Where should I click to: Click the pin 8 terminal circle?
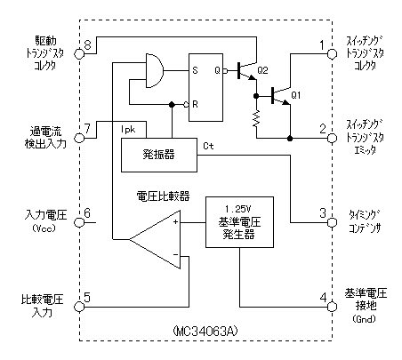click(x=79, y=54)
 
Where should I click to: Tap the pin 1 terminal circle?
click(x=332, y=54)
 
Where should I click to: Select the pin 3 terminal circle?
click(x=332, y=222)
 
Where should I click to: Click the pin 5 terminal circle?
click(x=79, y=307)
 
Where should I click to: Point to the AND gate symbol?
click(x=155, y=71)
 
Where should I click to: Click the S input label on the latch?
click(x=195, y=70)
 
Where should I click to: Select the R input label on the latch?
click(x=195, y=104)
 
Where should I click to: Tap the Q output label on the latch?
click(x=218, y=70)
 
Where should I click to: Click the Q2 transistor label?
click(x=262, y=70)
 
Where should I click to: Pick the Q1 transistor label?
click(x=296, y=95)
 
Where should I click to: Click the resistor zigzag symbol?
click(x=256, y=118)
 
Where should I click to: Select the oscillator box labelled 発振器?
click(x=159, y=155)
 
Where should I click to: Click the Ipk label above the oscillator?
click(x=128, y=130)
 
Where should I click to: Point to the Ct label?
click(x=208, y=146)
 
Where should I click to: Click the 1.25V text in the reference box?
click(x=238, y=209)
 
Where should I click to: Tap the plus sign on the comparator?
click(x=175, y=221)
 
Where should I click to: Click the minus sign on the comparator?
click(x=175, y=255)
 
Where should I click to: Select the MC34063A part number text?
click(x=205, y=331)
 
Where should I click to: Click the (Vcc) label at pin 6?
click(x=44, y=228)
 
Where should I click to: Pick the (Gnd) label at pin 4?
click(x=365, y=319)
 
